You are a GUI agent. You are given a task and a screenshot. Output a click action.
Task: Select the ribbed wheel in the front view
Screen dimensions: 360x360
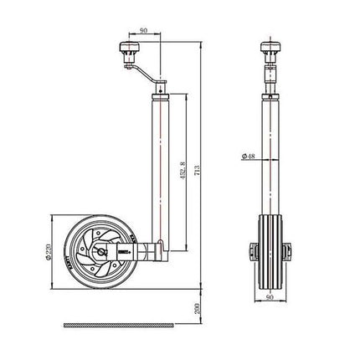[x=270, y=251]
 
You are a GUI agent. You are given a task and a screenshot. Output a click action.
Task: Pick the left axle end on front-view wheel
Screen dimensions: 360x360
[x=249, y=251]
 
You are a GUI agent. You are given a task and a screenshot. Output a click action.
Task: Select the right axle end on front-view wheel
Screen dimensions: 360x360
[x=291, y=251]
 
